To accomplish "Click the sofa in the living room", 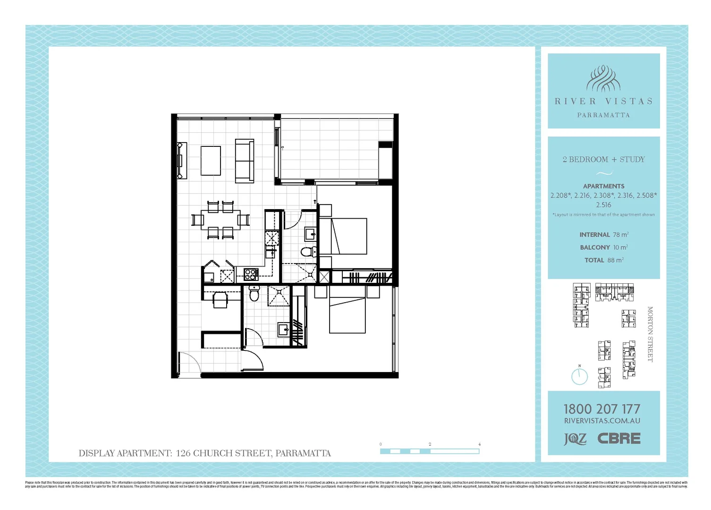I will [x=245, y=161].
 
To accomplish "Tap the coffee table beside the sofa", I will [x=211, y=161].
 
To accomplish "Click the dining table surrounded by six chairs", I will [x=220, y=220].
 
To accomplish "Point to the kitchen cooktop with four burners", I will [x=251, y=274].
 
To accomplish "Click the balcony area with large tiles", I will [x=330, y=149].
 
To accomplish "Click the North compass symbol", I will [x=579, y=376].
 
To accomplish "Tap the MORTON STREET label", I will [x=650, y=334].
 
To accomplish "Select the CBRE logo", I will [x=619, y=438].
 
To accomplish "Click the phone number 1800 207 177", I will [x=602, y=409].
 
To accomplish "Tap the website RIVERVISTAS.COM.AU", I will [x=602, y=421].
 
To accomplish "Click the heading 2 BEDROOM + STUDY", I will [x=603, y=160].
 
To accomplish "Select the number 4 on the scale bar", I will [x=479, y=444].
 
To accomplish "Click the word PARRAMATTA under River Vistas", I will [x=603, y=115].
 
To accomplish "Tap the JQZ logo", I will [x=575, y=439].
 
